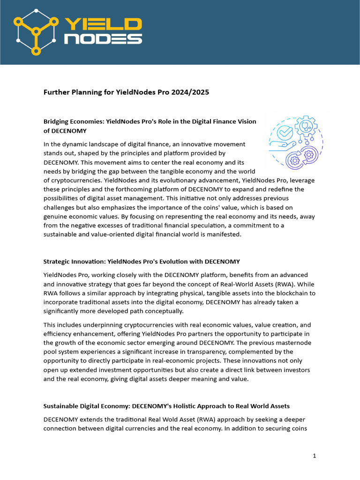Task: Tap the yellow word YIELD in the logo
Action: coord(102,24)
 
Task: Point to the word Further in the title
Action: coord(57,92)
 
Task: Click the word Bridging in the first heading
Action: coord(58,121)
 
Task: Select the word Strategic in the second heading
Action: coord(58,261)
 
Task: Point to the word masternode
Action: coord(293,343)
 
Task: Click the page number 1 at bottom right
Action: coord(315,455)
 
